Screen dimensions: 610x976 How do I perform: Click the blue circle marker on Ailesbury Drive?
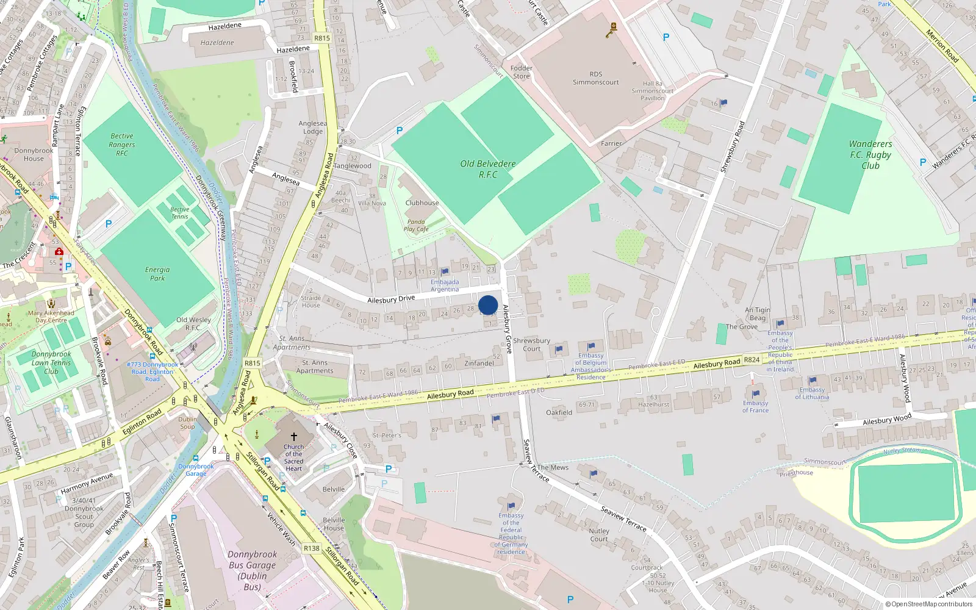click(x=488, y=305)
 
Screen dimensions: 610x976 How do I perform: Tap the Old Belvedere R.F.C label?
click(x=488, y=169)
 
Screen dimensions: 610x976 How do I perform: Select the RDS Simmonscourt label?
click(x=595, y=78)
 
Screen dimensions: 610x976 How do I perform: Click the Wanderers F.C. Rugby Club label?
click(x=870, y=155)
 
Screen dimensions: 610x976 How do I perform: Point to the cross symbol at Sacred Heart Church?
click(x=293, y=437)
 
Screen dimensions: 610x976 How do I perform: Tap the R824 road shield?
click(x=752, y=360)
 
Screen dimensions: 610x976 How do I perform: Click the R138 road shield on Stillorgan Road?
click(x=312, y=548)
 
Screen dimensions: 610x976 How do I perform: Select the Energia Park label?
click(x=157, y=274)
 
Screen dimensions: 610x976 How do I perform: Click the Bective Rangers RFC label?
click(x=122, y=145)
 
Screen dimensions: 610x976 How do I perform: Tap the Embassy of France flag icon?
click(x=756, y=393)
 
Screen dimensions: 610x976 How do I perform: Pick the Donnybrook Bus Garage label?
click(x=253, y=570)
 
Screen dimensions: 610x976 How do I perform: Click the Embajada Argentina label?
click(x=445, y=285)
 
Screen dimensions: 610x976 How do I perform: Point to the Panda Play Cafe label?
click(x=416, y=226)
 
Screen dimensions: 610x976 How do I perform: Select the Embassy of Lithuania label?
click(x=812, y=393)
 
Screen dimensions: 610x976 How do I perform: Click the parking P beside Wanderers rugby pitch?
click(x=923, y=162)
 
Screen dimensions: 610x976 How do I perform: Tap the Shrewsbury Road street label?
click(x=733, y=146)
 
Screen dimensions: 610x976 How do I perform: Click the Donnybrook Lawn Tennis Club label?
click(x=51, y=362)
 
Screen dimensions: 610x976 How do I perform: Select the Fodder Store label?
click(x=522, y=72)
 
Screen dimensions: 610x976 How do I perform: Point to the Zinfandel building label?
click(x=479, y=364)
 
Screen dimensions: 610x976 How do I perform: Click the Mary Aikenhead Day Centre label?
click(x=51, y=316)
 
